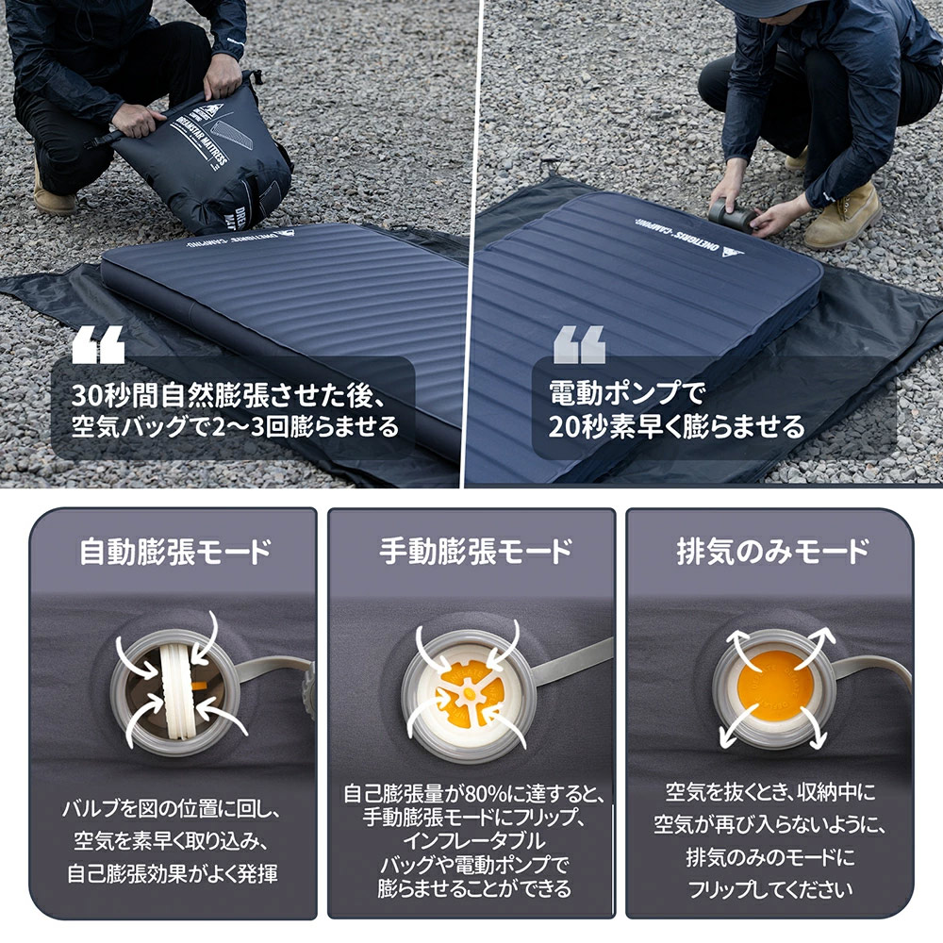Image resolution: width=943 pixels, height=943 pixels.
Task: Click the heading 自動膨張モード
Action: (x=175, y=552)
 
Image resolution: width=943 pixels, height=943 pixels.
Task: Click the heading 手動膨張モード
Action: (x=475, y=552)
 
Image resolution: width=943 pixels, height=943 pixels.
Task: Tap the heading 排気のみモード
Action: (x=773, y=552)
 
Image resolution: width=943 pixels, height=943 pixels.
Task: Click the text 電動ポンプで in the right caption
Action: (x=625, y=394)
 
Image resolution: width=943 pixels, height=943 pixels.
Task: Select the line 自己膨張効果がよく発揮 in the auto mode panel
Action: (x=173, y=874)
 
